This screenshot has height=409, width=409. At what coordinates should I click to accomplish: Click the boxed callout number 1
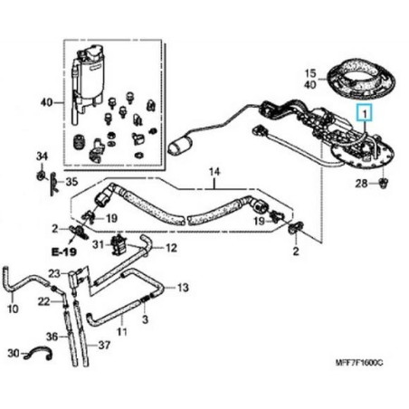point(364,113)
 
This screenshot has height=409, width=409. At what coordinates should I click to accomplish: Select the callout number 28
point(362,185)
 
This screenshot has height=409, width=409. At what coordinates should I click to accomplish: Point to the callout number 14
point(214,171)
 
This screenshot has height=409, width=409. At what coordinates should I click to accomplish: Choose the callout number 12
point(171,247)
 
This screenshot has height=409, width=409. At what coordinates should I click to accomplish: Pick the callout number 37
point(105,345)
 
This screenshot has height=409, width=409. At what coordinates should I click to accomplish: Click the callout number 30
point(13,352)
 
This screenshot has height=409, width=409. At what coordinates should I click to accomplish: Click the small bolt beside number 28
point(385,184)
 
